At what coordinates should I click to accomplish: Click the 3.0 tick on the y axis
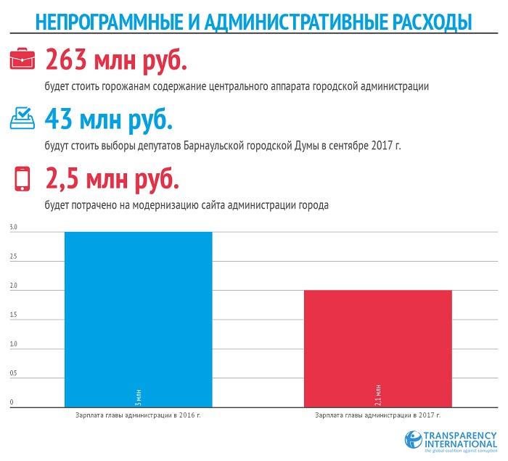[x=13, y=228]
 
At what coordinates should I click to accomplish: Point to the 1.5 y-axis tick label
[x=13, y=315]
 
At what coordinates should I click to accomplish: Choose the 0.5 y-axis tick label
[x=13, y=373]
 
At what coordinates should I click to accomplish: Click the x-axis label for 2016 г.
[x=138, y=416]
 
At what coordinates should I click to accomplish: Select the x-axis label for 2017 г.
[x=377, y=416]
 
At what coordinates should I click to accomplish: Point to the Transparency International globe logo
[x=414, y=439]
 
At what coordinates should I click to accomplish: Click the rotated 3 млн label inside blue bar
[x=138, y=394]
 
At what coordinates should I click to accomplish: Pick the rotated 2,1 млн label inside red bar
[x=377, y=392]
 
